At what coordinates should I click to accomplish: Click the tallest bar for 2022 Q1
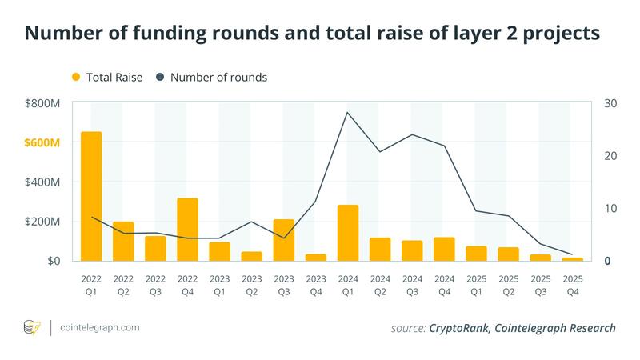point(91,196)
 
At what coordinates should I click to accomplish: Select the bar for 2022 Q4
point(187,230)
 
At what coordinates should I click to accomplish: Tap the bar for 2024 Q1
point(347,233)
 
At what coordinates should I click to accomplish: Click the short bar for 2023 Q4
point(315,258)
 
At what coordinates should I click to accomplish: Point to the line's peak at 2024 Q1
point(347,112)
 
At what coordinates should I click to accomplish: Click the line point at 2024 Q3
point(412,134)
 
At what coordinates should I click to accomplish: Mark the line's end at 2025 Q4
point(572,254)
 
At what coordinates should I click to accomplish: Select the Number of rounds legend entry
point(212,78)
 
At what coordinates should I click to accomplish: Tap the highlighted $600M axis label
point(42,142)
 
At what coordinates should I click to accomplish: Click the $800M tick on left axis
point(42,103)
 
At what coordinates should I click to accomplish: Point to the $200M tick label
point(42,222)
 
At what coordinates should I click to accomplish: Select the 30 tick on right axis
point(610,103)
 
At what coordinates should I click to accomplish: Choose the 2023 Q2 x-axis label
point(251,285)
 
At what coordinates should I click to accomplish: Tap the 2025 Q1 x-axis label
point(476,285)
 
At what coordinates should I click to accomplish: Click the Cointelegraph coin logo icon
point(33,327)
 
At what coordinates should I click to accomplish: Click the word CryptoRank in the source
point(459,328)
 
